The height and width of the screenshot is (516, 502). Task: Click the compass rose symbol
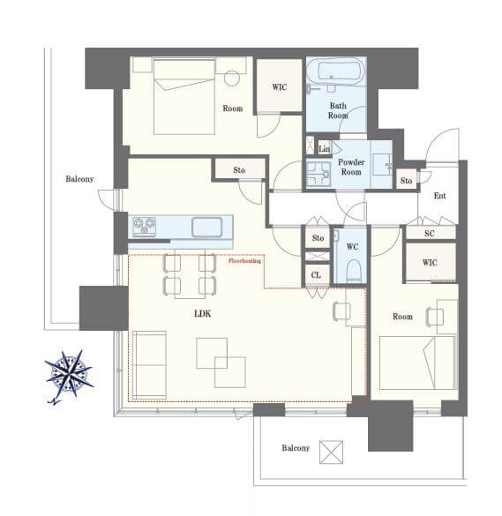pyautogui.click(x=69, y=375)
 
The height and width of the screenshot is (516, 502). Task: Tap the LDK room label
pyautogui.click(x=202, y=314)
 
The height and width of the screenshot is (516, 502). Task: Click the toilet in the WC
pyautogui.click(x=353, y=271)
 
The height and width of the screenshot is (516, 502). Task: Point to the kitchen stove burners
pyautogui.click(x=144, y=227)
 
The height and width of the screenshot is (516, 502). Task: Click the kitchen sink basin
pyautogui.click(x=206, y=227)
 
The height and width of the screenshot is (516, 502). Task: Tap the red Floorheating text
pyautogui.click(x=244, y=261)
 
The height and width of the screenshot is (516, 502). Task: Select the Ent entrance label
pyautogui.click(x=439, y=196)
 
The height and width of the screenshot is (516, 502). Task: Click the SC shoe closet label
pyautogui.click(x=430, y=234)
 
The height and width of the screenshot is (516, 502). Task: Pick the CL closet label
pyautogui.click(x=316, y=275)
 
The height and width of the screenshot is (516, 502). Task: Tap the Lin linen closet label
pyautogui.click(x=325, y=149)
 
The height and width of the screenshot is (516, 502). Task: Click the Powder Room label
pyautogui.click(x=351, y=167)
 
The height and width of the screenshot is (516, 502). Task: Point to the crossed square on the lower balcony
pyautogui.click(x=331, y=452)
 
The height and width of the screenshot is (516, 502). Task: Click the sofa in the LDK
pyautogui.click(x=149, y=365)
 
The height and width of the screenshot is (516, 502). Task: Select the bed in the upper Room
pyautogui.click(x=184, y=96)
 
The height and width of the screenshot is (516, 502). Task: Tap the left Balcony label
pyautogui.click(x=79, y=179)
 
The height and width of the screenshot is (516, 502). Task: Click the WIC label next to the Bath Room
pyautogui.click(x=280, y=86)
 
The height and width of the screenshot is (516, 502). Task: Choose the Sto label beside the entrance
pyautogui.click(x=406, y=180)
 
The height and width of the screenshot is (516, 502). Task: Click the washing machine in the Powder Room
pyautogui.click(x=318, y=174)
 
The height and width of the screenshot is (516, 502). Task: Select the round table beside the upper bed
pyautogui.click(x=232, y=79)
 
